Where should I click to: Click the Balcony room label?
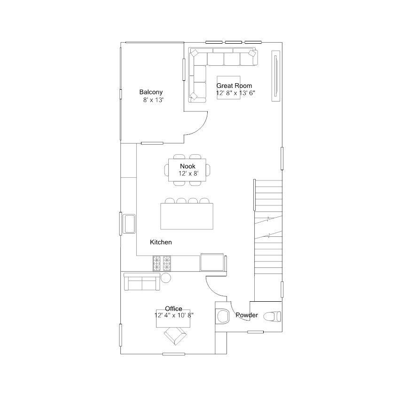151,92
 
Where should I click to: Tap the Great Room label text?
234,86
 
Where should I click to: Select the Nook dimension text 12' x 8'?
188,173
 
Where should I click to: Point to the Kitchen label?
161,242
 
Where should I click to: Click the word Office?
173,309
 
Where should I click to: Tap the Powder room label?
247,315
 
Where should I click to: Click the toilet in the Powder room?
272,317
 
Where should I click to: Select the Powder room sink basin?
222,316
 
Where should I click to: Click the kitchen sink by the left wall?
129,224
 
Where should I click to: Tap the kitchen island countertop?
187,216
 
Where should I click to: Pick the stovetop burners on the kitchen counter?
162,263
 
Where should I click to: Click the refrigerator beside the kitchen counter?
212,262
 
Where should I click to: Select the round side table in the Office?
166,278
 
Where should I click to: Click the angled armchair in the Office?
175,336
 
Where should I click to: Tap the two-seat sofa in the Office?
142,282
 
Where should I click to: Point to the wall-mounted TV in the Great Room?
276,76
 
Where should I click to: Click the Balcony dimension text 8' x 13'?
153,100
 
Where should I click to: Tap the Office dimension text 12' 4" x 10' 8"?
174,315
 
